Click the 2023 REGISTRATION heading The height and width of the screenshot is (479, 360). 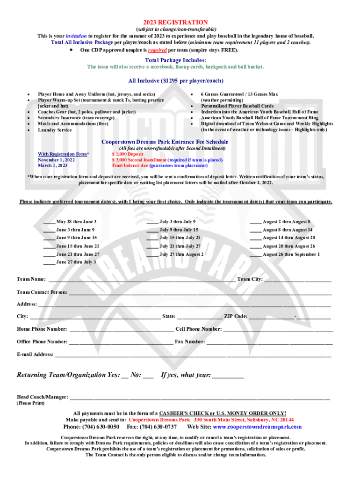click(175, 22)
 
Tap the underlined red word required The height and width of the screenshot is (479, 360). click(157, 50)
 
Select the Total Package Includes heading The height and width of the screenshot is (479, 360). click(175, 60)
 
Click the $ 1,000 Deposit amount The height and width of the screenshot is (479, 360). click(128, 154)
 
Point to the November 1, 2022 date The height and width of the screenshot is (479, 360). click(56, 160)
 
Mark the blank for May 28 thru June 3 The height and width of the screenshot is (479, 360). click(49, 222)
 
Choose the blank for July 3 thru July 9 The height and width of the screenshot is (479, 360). click(152, 222)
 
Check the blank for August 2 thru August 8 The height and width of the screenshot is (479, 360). click(255, 222)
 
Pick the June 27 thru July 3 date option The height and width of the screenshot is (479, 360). click(76, 262)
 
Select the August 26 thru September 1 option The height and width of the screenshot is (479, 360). click(291, 254)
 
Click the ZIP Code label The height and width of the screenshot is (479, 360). click(236, 316)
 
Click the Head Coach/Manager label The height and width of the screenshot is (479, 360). click(43, 397)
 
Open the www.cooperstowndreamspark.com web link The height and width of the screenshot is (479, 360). click(257, 427)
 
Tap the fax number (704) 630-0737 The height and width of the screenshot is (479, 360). click(158, 427)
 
